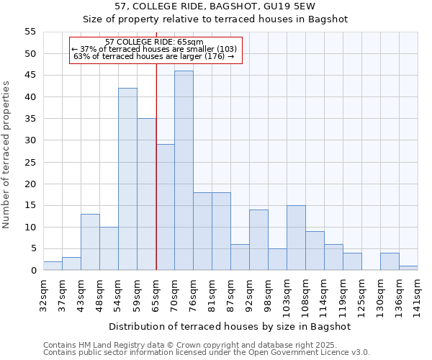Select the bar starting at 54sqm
(x=127, y=179)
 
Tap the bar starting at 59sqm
(x=146, y=194)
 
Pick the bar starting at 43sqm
(x=90, y=242)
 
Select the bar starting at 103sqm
(x=296, y=238)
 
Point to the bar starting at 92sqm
(x=258, y=240)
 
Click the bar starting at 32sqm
(x=53, y=266)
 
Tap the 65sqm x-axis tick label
(x=156, y=292)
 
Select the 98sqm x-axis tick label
(x=269, y=292)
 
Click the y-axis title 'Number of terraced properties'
(x=6, y=154)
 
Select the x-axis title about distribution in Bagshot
(x=230, y=326)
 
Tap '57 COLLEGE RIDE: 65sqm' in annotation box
(x=154, y=42)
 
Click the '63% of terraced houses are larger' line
(x=154, y=56)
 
